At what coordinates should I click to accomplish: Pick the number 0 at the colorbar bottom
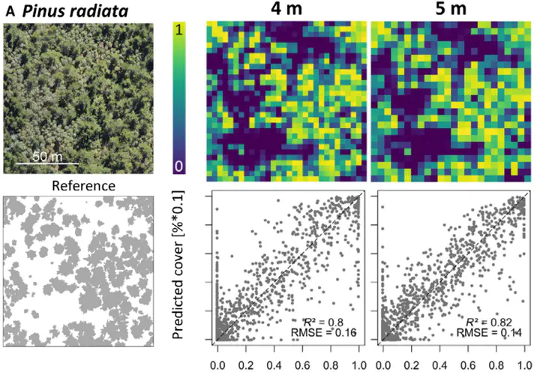pyautogui.click(x=179, y=166)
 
